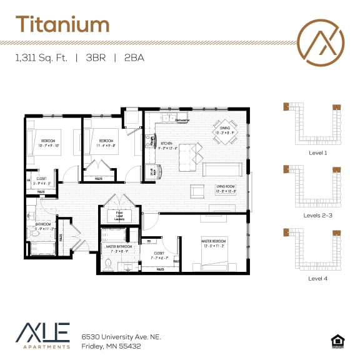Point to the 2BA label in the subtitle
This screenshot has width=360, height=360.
pos(134,58)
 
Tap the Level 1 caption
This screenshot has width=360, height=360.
pos(317,152)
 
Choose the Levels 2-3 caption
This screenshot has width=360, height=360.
pos(317,216)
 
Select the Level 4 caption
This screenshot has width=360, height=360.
pos(317,278)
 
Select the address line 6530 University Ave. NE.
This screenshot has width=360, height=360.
pos(121,336)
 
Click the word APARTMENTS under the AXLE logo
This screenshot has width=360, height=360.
pos(43,346)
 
